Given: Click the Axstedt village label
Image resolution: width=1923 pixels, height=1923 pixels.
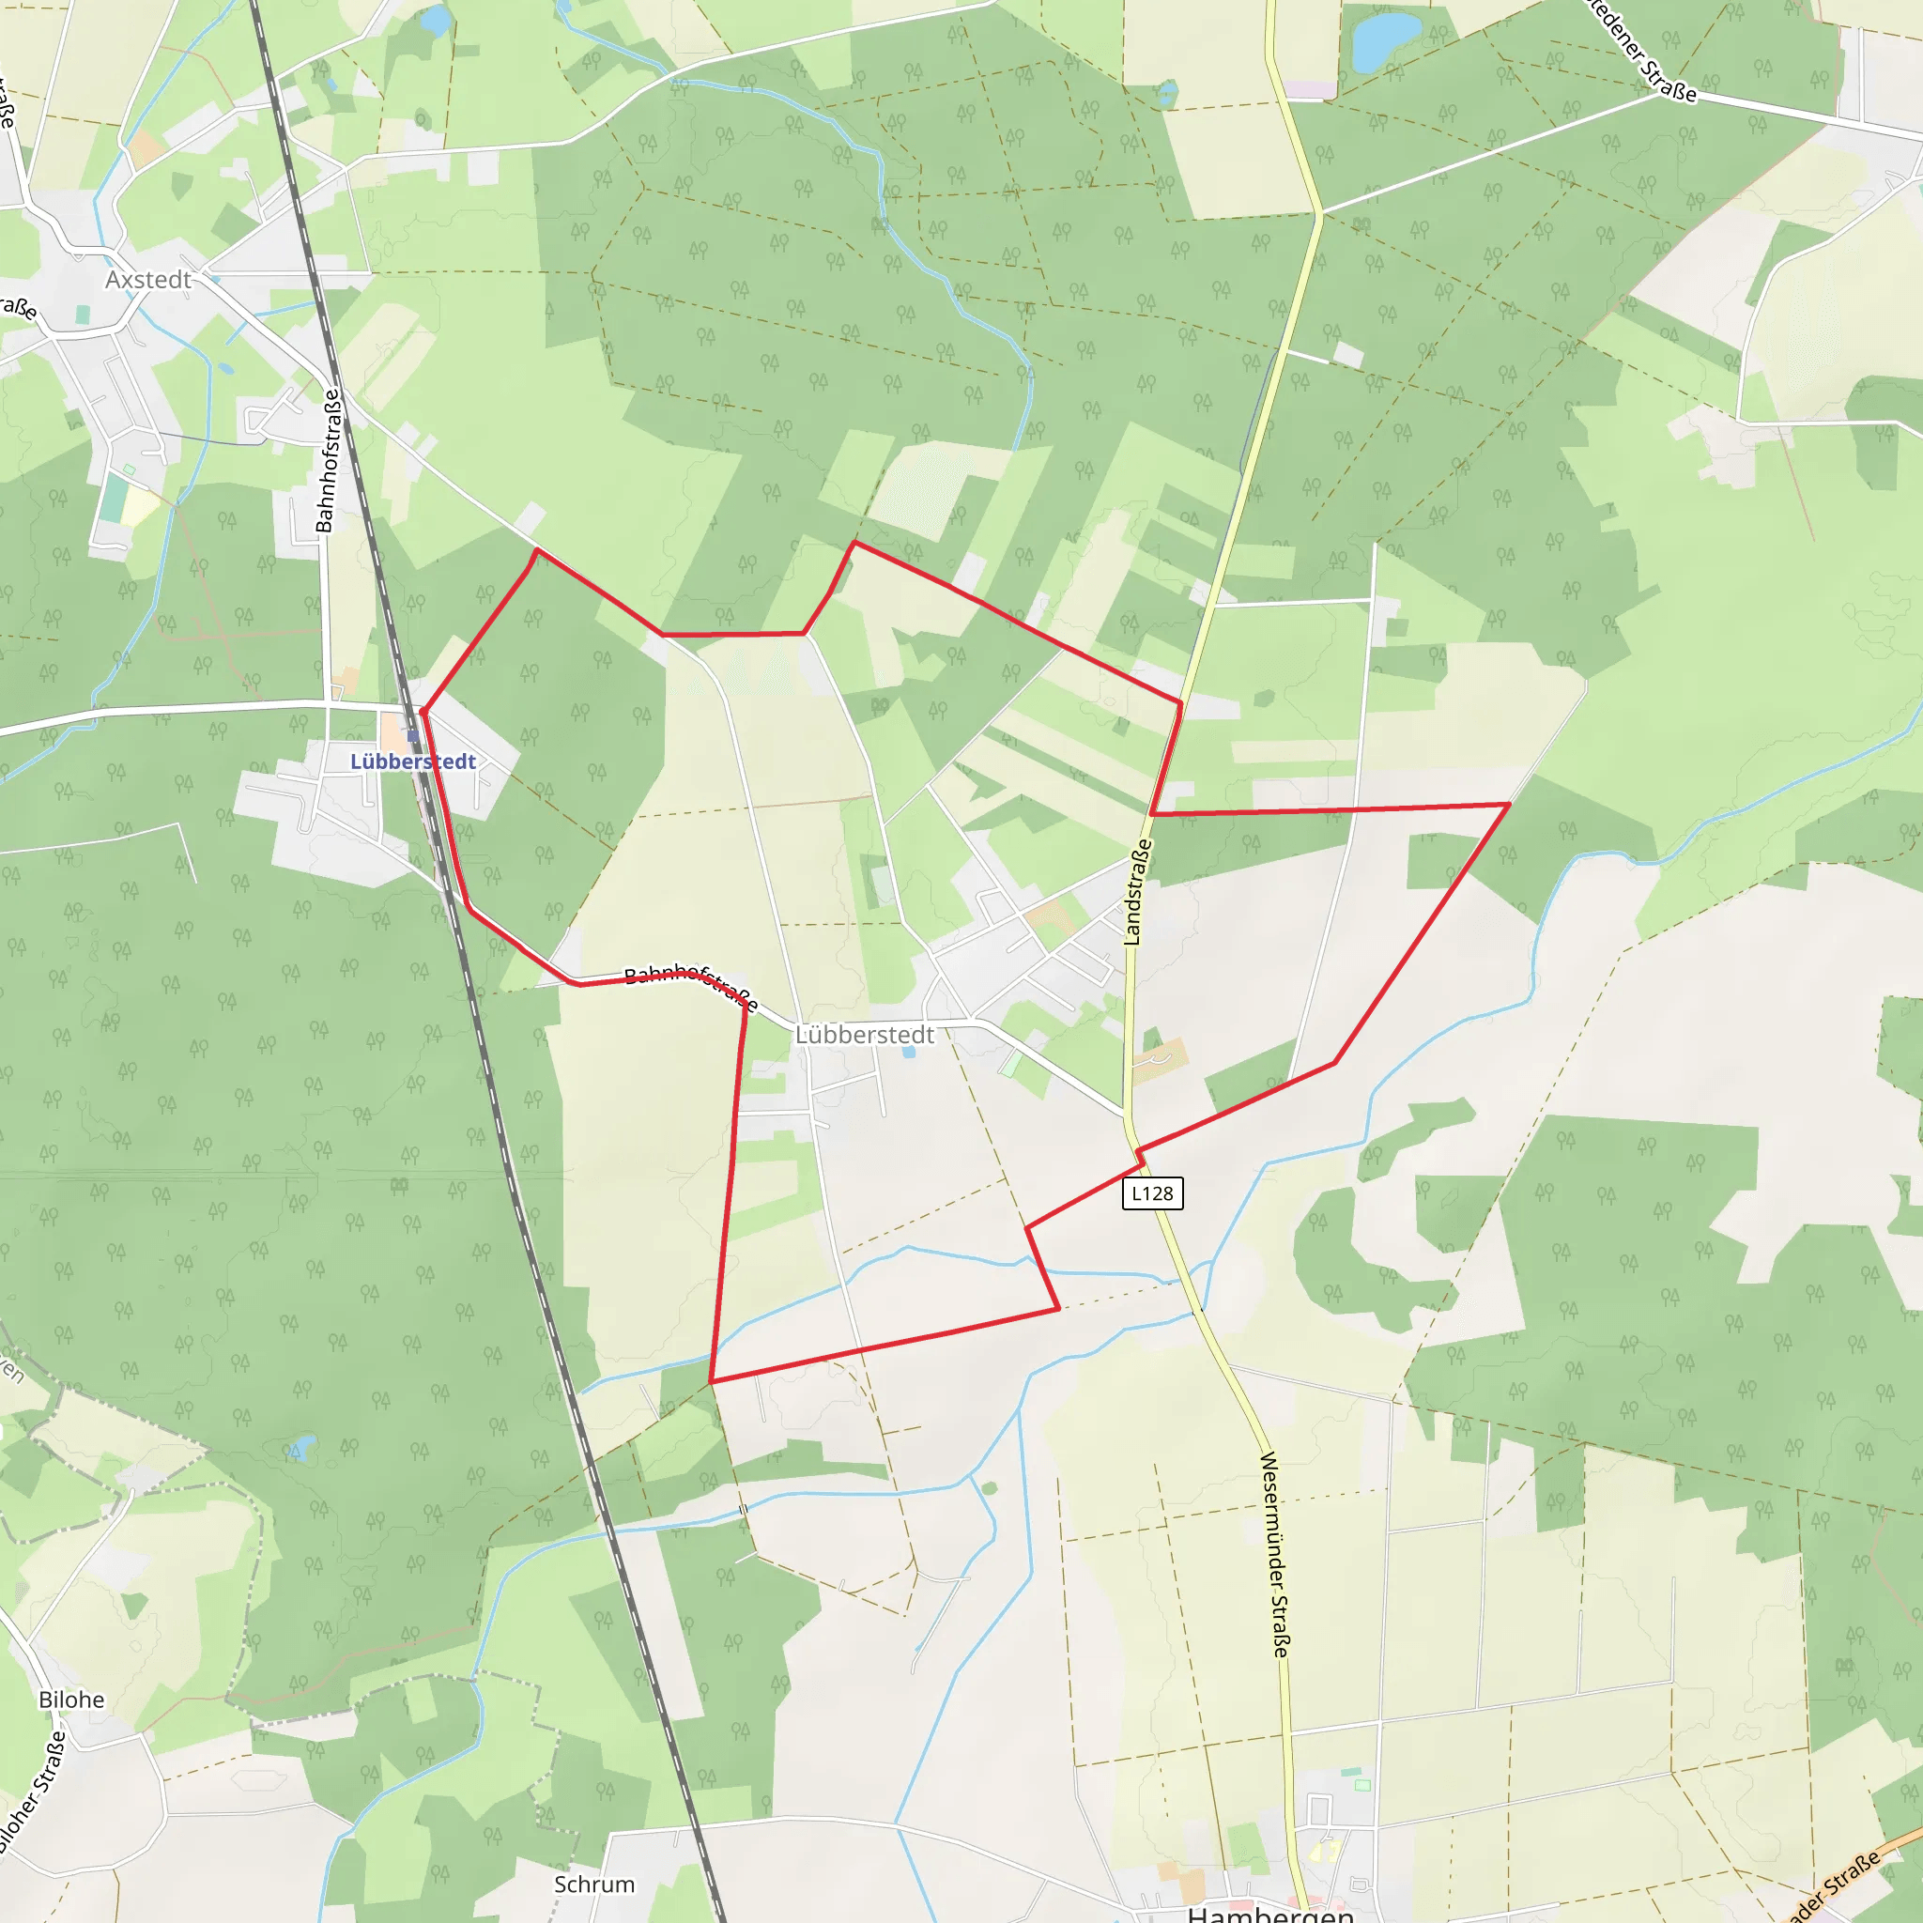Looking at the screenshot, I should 148,280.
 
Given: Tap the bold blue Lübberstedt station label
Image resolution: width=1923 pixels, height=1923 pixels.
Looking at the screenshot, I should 413,762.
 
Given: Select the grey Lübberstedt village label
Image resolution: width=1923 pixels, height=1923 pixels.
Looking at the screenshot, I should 864,1035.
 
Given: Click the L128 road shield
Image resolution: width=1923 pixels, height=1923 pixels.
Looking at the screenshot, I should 1151,1193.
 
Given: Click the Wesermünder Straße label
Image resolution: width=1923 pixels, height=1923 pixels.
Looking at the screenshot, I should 1274,1554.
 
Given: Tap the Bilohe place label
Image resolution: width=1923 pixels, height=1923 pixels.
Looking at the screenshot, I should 71,1699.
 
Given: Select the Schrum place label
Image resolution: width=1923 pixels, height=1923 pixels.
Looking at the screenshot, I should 594,1885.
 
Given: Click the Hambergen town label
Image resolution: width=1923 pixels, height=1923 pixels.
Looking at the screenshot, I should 1270,1913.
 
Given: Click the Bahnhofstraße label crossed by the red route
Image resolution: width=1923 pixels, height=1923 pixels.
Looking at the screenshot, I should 691,985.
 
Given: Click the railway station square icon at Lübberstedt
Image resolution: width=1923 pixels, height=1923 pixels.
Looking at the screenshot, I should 412,735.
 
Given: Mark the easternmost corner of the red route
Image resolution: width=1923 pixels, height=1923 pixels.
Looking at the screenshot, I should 1509,803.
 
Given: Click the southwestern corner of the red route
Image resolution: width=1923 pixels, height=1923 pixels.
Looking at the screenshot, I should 711,1381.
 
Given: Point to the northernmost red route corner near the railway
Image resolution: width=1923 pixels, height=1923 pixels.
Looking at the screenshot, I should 537,549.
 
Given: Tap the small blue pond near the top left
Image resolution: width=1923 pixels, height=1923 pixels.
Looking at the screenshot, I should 435,20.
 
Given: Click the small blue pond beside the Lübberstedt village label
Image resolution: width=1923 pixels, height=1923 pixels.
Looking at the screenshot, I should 909,1051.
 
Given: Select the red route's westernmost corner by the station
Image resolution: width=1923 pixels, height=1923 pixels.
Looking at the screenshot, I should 423,713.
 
